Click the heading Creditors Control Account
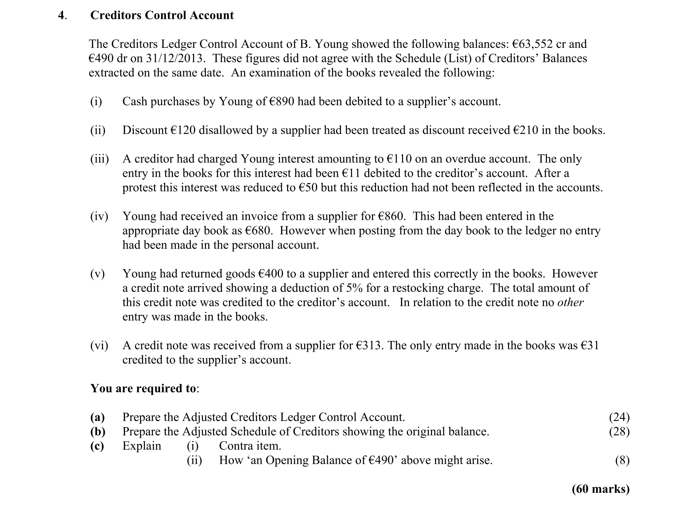tap(162, 15)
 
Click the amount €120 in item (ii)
tap(183, 130)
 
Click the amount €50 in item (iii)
tap(308, 188)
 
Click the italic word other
tap(570, 303)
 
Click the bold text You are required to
tap(144, 388)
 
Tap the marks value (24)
tap(619, 417)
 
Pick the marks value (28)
tap(619, 432)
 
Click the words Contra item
tap(250, 446)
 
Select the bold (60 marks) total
tap(601, 489)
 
